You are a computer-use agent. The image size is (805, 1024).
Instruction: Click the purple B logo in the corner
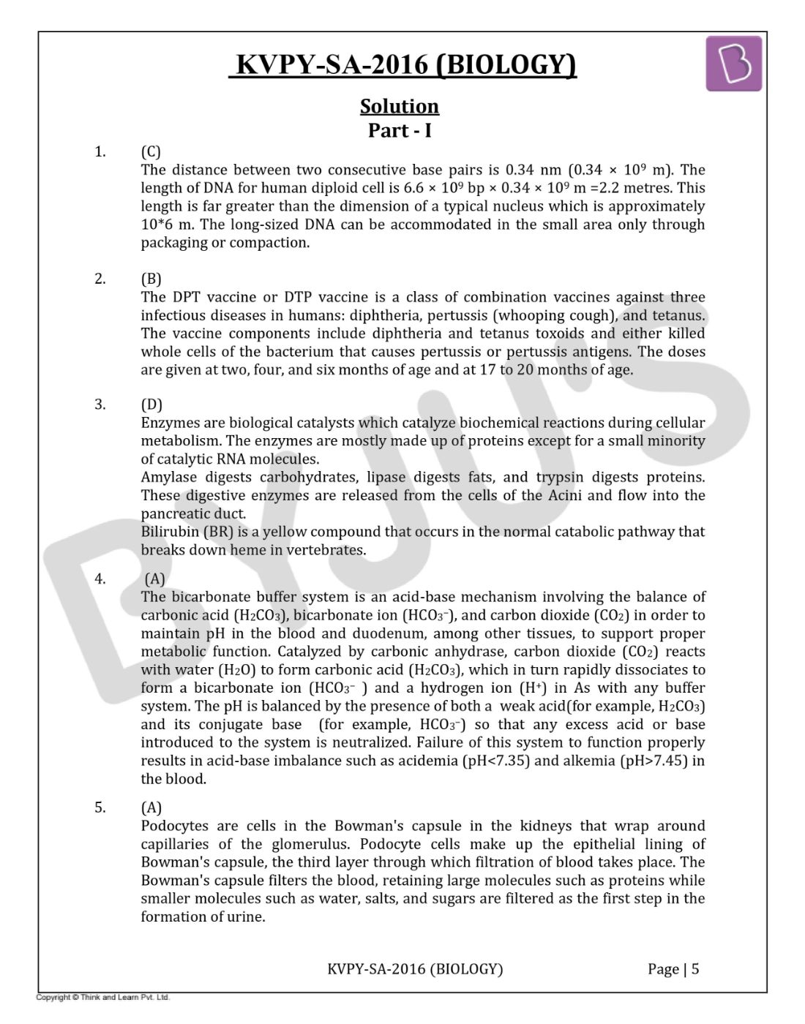point(733,64)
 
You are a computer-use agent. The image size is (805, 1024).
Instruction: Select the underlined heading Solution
point(399,107)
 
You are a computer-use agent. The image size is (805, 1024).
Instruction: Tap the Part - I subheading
point(399,131)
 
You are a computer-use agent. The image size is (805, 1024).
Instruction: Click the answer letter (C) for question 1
point(151,152)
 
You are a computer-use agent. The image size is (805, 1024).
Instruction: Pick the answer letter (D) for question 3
point(151,404)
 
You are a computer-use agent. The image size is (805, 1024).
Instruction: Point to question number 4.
point(100,579)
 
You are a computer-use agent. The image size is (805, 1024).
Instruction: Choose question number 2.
point(100,279)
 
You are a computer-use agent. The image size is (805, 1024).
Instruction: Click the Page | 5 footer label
point(673,969)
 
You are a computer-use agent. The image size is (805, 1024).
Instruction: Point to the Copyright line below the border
point(103,997)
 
